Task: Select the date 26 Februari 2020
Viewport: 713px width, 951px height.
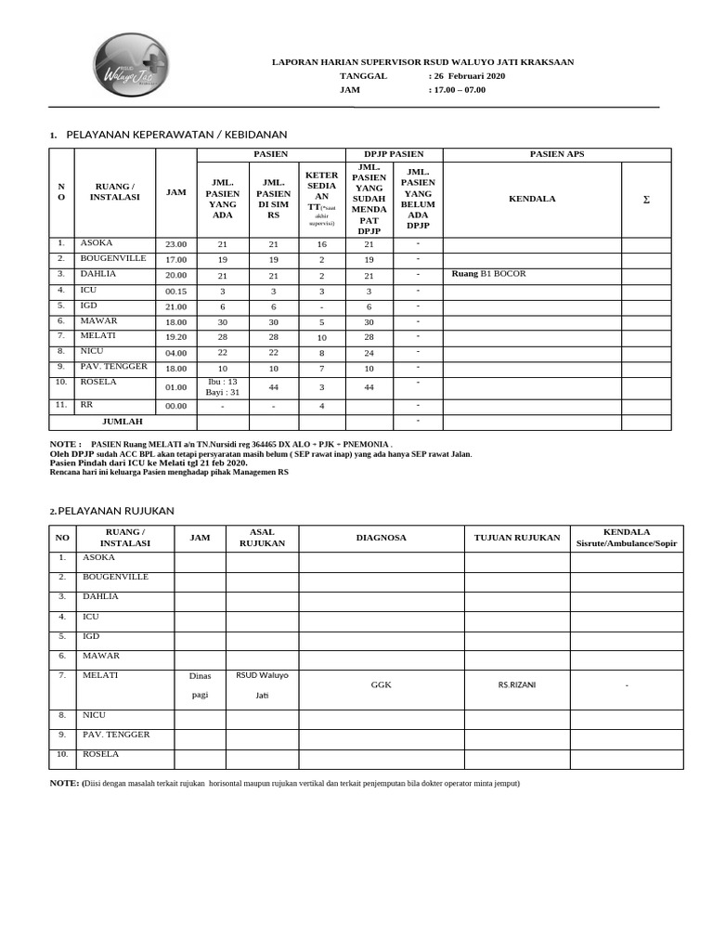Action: click(470, 76)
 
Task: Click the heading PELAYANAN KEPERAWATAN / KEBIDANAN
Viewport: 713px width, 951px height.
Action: click(176, 135)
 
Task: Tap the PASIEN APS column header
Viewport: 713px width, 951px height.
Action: click(557, 153)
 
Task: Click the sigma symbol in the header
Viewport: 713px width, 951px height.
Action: click(646, 199)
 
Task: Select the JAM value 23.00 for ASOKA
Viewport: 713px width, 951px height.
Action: click(175, 244)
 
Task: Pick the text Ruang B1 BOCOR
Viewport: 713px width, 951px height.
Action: click(488, 274)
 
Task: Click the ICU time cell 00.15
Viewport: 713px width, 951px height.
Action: click(175, 291)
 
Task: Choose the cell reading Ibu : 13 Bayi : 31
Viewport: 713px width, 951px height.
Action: click(222, 386)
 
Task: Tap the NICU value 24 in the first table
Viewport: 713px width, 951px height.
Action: click(369, 352)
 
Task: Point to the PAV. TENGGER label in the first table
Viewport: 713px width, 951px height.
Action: click(114, 366)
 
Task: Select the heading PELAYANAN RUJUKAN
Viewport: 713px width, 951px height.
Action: click(116, 511)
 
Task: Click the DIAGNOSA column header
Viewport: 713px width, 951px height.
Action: click(381, 538)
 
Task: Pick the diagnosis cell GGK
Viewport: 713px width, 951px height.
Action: click(381, 684)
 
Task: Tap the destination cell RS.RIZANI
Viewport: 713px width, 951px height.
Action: click(516, 684)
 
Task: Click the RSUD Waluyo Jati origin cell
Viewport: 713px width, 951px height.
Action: click(262, 684)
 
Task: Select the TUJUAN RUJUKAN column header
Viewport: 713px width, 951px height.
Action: click(516, 538)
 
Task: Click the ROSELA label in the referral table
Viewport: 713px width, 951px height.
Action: click(101, 754)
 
